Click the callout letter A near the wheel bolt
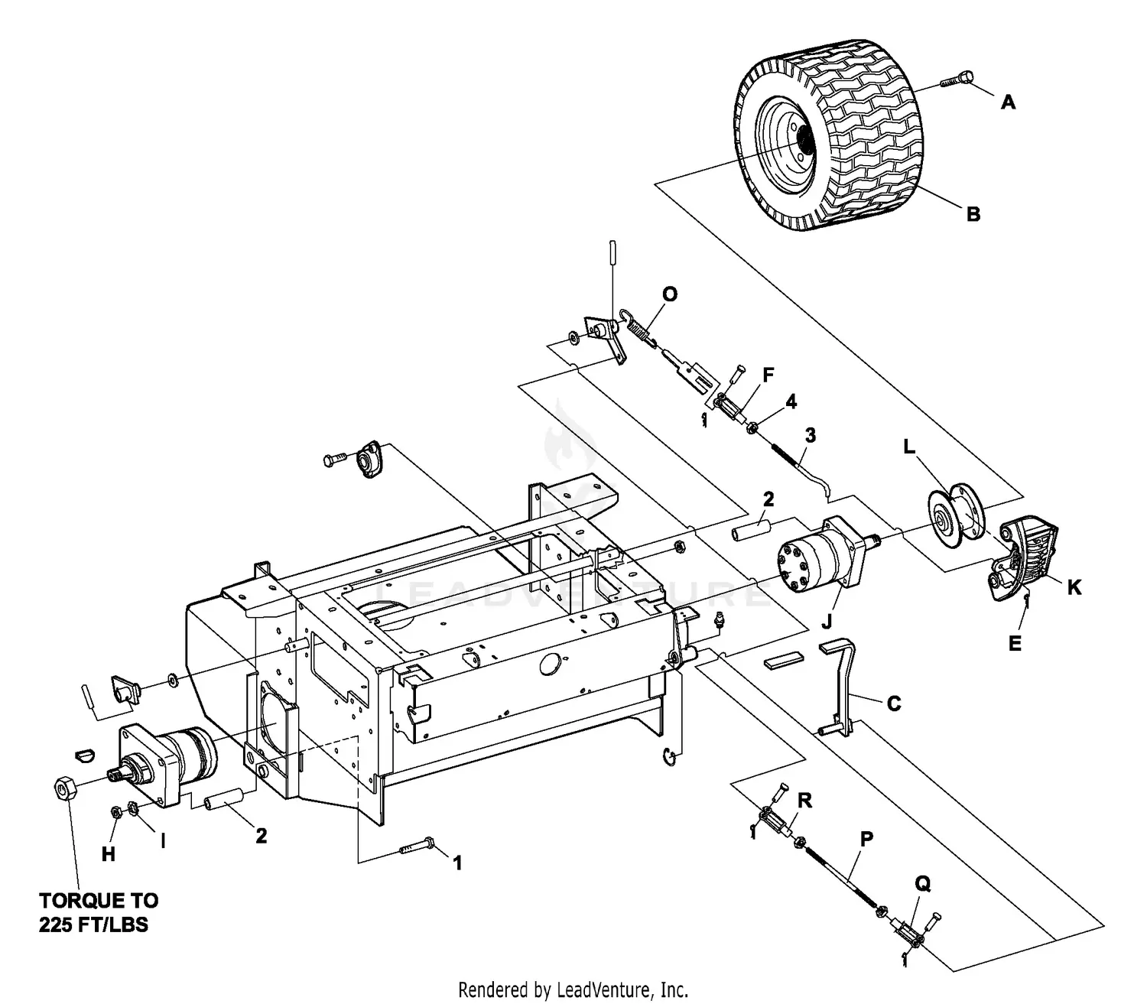(1009, 102)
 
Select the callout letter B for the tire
(973, 214)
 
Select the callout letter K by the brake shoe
(1074, 588)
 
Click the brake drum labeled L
(951, 512)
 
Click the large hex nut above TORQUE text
(64, 787)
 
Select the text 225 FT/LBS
(94, 924)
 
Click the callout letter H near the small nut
(108, 855)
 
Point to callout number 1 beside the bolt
(457, 863)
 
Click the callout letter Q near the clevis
(923, 884)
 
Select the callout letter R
(804, 801)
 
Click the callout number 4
(791, 401)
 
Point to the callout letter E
(1015, 644)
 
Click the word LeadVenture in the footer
(604, 991)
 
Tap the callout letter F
(768, 375)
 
